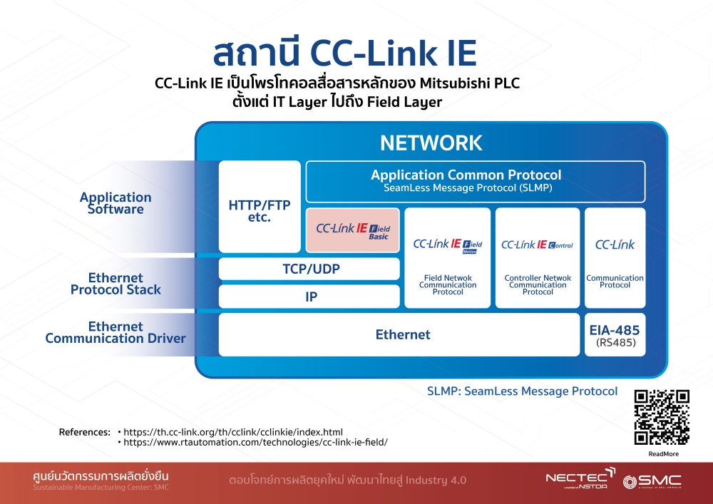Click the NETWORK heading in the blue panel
(431, 143)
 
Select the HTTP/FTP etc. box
(260, 211)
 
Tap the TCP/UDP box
(310, 269)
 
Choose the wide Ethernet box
(403, 334)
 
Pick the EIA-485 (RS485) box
(615, 335)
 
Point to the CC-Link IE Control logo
(537, 245)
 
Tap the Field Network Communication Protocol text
(448, 285)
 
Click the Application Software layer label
(116, 203)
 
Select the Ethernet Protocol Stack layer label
(116, 284)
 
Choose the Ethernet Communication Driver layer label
(116, 332)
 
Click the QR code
(662, 418)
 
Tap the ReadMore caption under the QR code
(663, 454)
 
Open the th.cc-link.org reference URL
(233, 432)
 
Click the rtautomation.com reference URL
(255, 442)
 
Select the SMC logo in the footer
(652, 480)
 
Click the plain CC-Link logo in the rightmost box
(615, 245)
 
